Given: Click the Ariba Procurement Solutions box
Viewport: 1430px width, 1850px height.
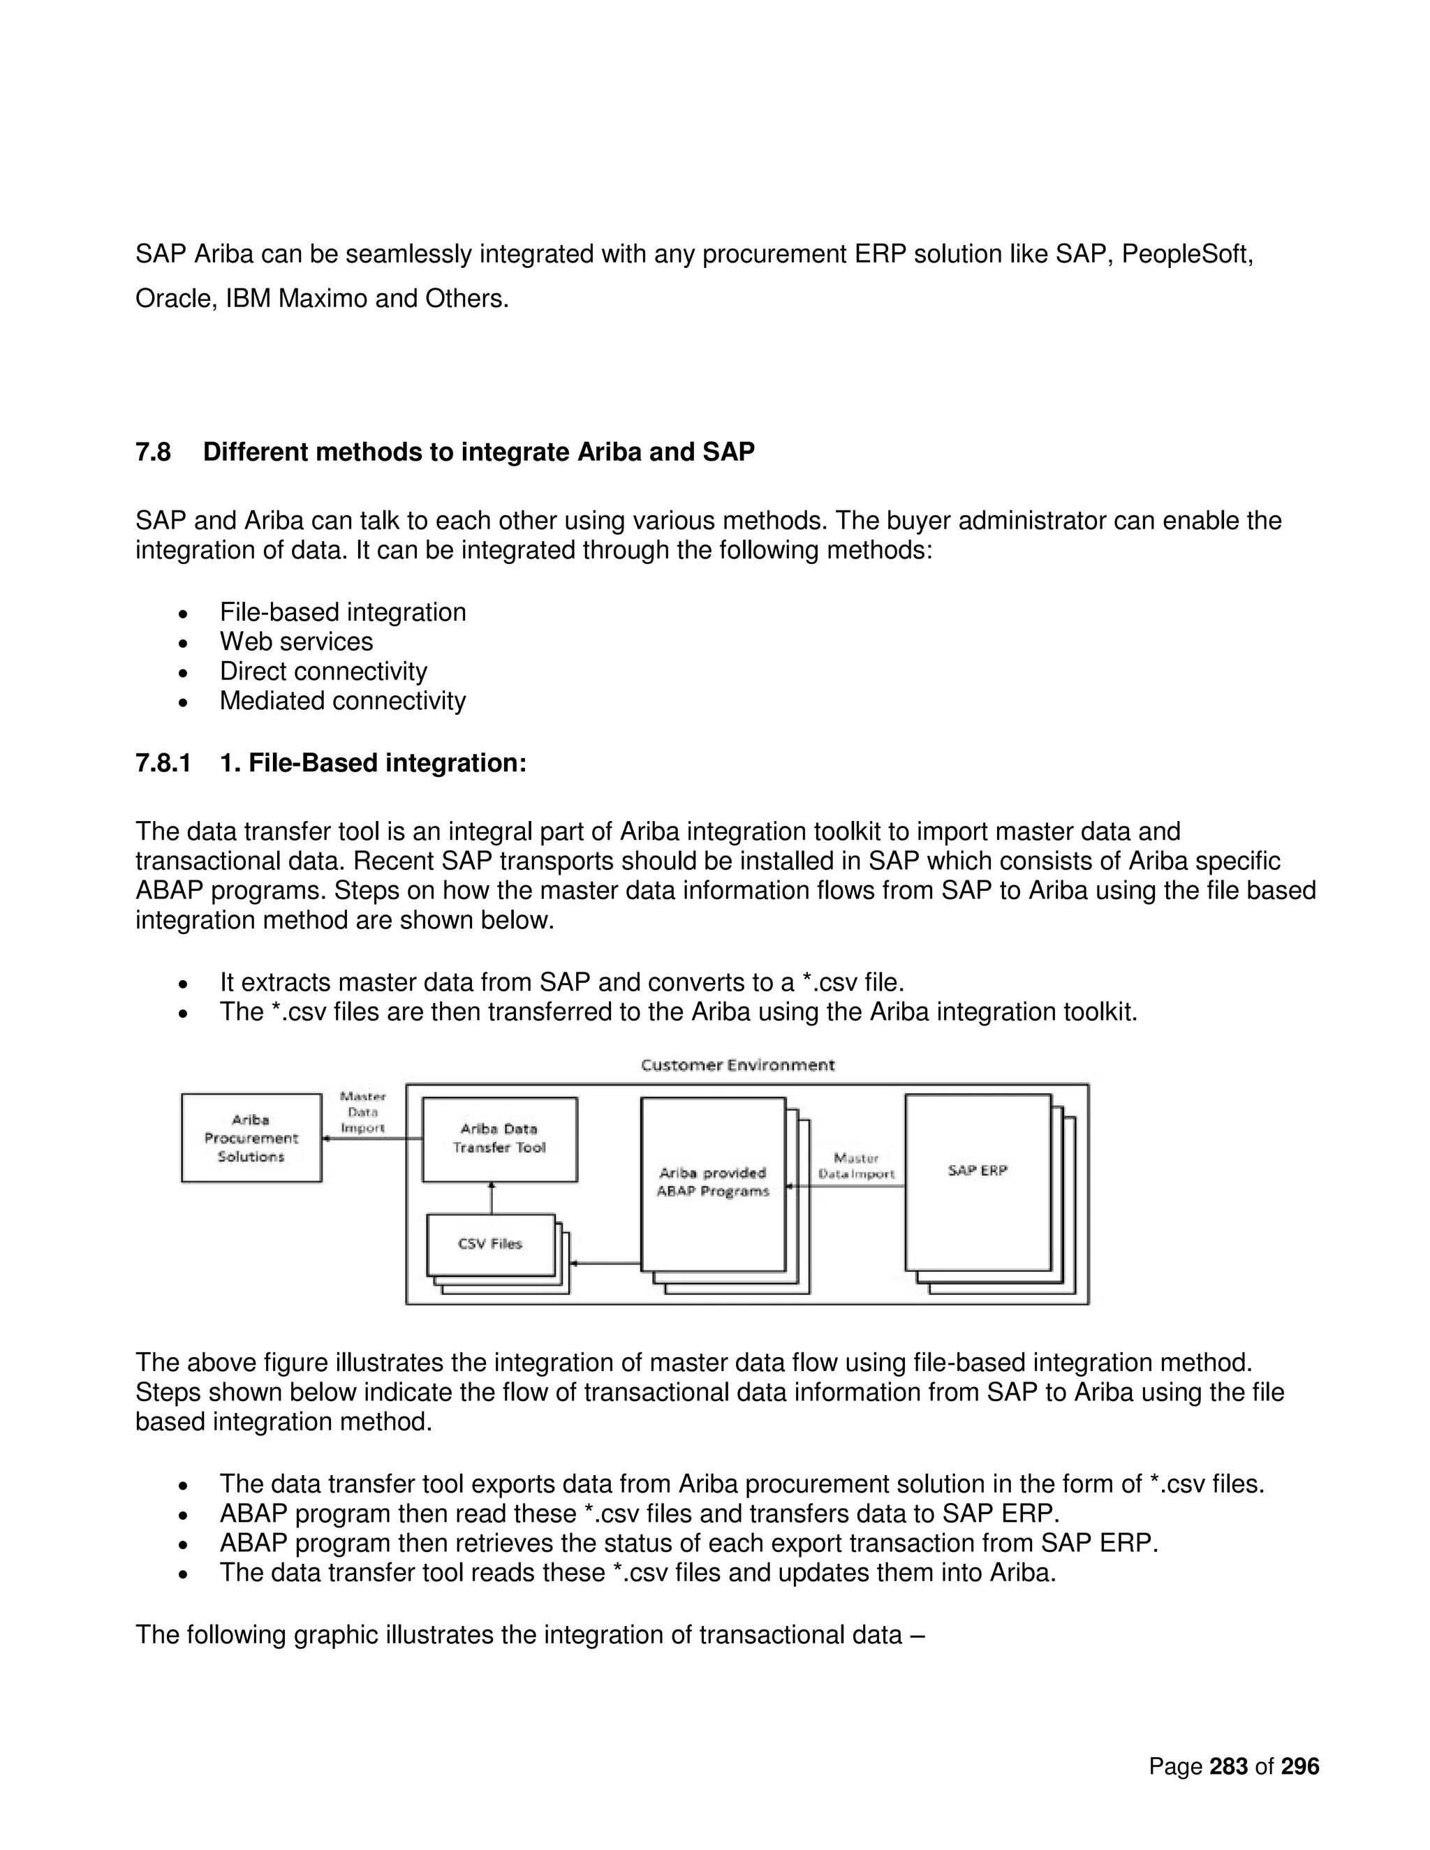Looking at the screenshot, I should pos(251,1138).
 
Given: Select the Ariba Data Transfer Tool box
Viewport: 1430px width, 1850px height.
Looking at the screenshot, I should pos(499,1139).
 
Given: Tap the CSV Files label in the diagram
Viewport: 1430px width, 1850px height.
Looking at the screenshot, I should pos(489,1243).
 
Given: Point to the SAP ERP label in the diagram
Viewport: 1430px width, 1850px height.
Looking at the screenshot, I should pos(977,1170).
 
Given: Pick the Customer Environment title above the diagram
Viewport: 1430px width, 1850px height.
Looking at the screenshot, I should pos(737,1065).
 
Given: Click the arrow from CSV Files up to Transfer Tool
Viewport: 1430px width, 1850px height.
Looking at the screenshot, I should pos(492,1198).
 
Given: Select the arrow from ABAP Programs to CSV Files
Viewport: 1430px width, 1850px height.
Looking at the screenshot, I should pos(605,1263).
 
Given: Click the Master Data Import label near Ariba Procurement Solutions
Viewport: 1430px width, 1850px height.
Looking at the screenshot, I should pos(362,1112).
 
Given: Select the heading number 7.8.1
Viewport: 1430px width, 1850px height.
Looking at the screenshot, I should pos(163,763).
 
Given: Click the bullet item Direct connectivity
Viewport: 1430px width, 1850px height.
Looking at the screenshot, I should pos(323,671).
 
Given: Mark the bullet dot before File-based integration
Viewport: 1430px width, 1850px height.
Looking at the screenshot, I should pos(183,613).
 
